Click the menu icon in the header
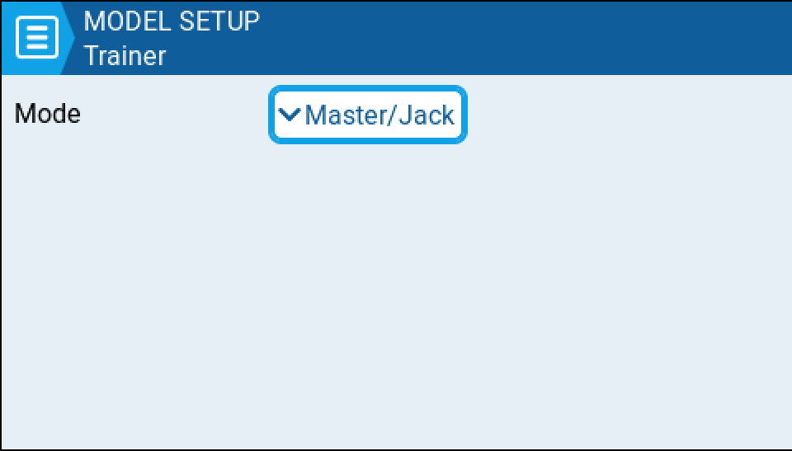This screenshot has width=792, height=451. click(37, 37)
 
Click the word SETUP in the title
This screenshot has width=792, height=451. click(219, 21)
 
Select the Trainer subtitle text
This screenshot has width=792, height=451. click(125, 56)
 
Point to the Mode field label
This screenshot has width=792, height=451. click(48, 113)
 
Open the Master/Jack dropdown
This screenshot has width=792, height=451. click(368, 115)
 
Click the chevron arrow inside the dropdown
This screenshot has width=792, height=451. click(289, 115)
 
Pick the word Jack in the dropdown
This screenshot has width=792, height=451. click(426, 115)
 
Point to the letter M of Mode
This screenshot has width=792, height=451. click(24, 113)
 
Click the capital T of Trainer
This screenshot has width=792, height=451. click(92, 56)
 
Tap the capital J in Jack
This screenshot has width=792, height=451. click(404, 115)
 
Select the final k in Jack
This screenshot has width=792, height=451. click(447, 115)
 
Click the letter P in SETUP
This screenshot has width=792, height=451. click(251, 21)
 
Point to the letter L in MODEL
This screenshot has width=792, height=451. click(164, 21)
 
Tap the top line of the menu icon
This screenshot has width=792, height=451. click(37, 28)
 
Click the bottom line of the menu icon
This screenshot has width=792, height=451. click(37, 47)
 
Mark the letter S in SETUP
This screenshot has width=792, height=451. click(187, 21)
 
